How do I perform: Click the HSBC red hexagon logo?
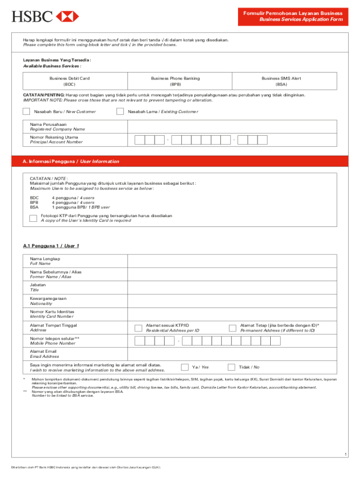[x=67, y=16]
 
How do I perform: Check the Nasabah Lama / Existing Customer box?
[x=120, y=112]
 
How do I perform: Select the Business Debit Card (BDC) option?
[x=70, y=81]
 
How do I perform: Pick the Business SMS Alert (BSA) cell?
[x=281, y=81]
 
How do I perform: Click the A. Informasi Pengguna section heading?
[x=71, y=161]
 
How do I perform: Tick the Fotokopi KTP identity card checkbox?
[x=33, y=218]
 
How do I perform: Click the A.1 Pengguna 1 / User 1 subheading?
[x=51, y=246]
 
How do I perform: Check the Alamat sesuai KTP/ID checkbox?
[x=138, y=328]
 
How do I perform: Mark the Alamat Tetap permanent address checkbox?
[x=232, y=328]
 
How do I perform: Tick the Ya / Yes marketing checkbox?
[x=185, y=367]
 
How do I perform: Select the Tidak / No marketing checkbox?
[x=231, y=367]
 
